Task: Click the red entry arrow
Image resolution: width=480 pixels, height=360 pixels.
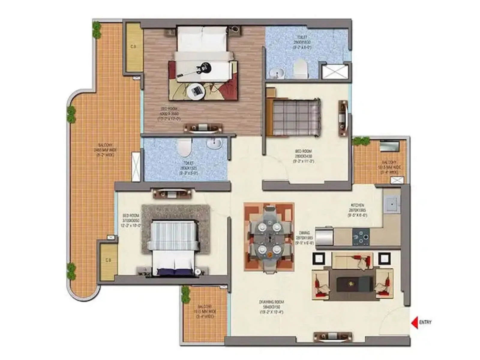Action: [x=414, y=322]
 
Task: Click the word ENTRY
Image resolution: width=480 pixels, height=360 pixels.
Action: [x=425, y=322]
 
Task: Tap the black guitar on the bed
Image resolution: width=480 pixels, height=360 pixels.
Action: [x=200, y=69]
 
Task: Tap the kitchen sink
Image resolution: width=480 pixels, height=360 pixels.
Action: [x=392, y=204]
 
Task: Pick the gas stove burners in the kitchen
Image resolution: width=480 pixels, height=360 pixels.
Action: [x=361, y=237]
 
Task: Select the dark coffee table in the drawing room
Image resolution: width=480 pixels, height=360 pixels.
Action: [x=355, y=284]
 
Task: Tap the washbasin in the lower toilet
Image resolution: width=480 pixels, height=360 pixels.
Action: [x=214, y=144]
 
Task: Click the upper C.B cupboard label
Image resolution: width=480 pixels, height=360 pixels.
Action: [x=133, y=46]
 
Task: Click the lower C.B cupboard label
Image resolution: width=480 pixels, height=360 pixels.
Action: [x=108, y=260]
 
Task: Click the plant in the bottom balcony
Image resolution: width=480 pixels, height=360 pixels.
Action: [x=186, y=294]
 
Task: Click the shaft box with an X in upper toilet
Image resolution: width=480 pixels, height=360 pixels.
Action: [x=335, y=72]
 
